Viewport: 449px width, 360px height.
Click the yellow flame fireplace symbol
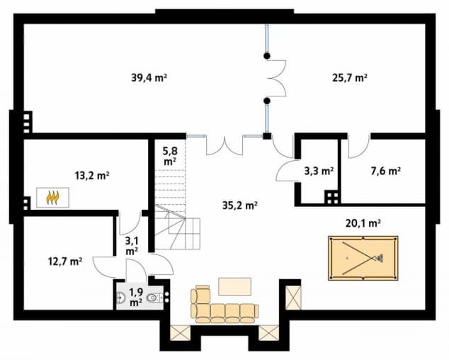52,198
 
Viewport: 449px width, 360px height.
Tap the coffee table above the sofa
234,286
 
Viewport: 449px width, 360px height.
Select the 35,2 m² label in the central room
240,206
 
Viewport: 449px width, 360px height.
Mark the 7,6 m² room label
386,171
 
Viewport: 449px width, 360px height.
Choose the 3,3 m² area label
319,171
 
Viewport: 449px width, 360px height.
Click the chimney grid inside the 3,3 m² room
331,196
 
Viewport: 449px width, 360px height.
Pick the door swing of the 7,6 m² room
358,147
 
